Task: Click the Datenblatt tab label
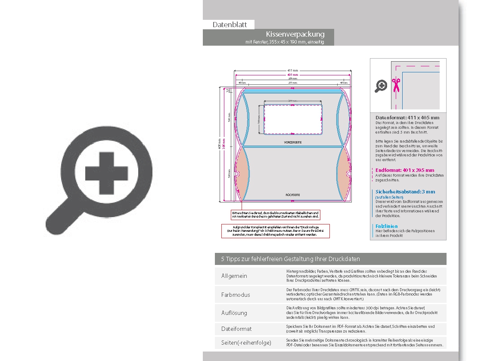(x=230, y=25)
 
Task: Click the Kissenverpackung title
(x=295, y=34)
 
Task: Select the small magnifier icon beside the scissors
(x=381, y=86)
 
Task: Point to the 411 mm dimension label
(x=292, y=70)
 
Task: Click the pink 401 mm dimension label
(x=292, y=75)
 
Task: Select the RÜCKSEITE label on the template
(x=292, y=195)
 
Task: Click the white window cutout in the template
(x=292, y=119)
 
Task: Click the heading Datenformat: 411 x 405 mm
(x=407, y=118)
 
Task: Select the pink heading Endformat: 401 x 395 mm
(x=405, y=170)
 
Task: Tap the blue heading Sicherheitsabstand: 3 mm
(x=405, y=192)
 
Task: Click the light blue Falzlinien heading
(x=386, y=226)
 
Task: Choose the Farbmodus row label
(x=236, y=295)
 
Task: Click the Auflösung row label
(x=234, y=313)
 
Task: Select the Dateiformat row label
(x=236, y=329)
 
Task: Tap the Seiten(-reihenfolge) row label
(x=246, y=342)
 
